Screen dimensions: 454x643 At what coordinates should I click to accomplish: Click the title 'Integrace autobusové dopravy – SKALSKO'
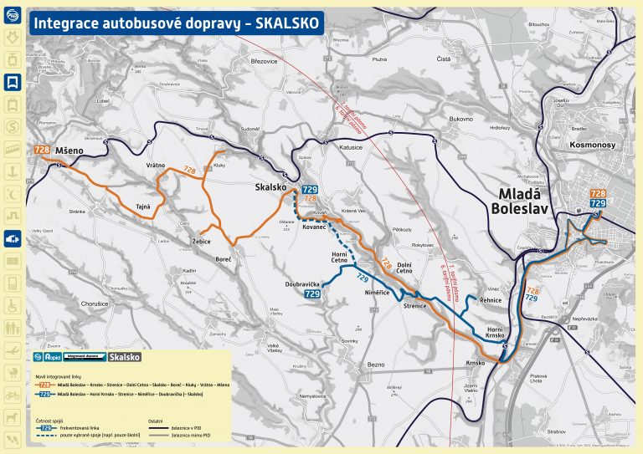point(175,23)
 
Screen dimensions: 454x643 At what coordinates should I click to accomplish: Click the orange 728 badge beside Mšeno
point(41,150)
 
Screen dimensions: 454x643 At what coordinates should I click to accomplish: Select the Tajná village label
point(143,204)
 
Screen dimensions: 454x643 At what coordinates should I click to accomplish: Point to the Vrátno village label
point(156,166)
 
